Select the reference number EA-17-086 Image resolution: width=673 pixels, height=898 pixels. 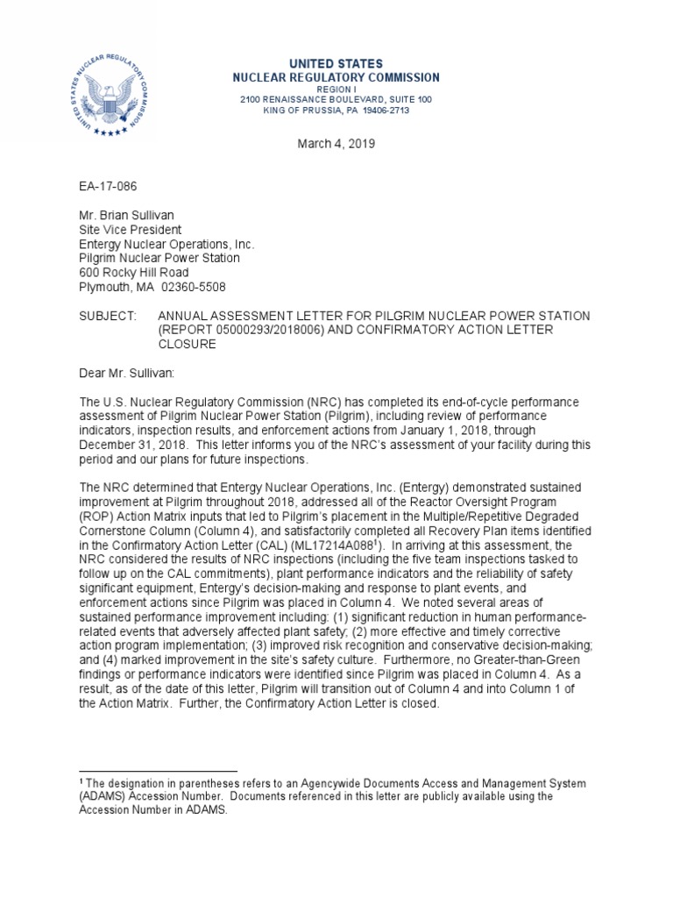[109, 187]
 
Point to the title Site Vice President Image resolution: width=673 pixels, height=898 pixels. [131, 230]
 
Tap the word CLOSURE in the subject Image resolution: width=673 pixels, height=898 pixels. [188, 344]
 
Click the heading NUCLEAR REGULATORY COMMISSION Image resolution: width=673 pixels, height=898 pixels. [336, 78]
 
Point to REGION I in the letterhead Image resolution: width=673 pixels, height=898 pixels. [336, 89]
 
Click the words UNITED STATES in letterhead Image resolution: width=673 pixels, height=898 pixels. [336, 64]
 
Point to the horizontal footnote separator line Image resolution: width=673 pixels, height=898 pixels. [159, 769]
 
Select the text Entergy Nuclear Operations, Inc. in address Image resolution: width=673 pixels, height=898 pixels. [166, 244]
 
